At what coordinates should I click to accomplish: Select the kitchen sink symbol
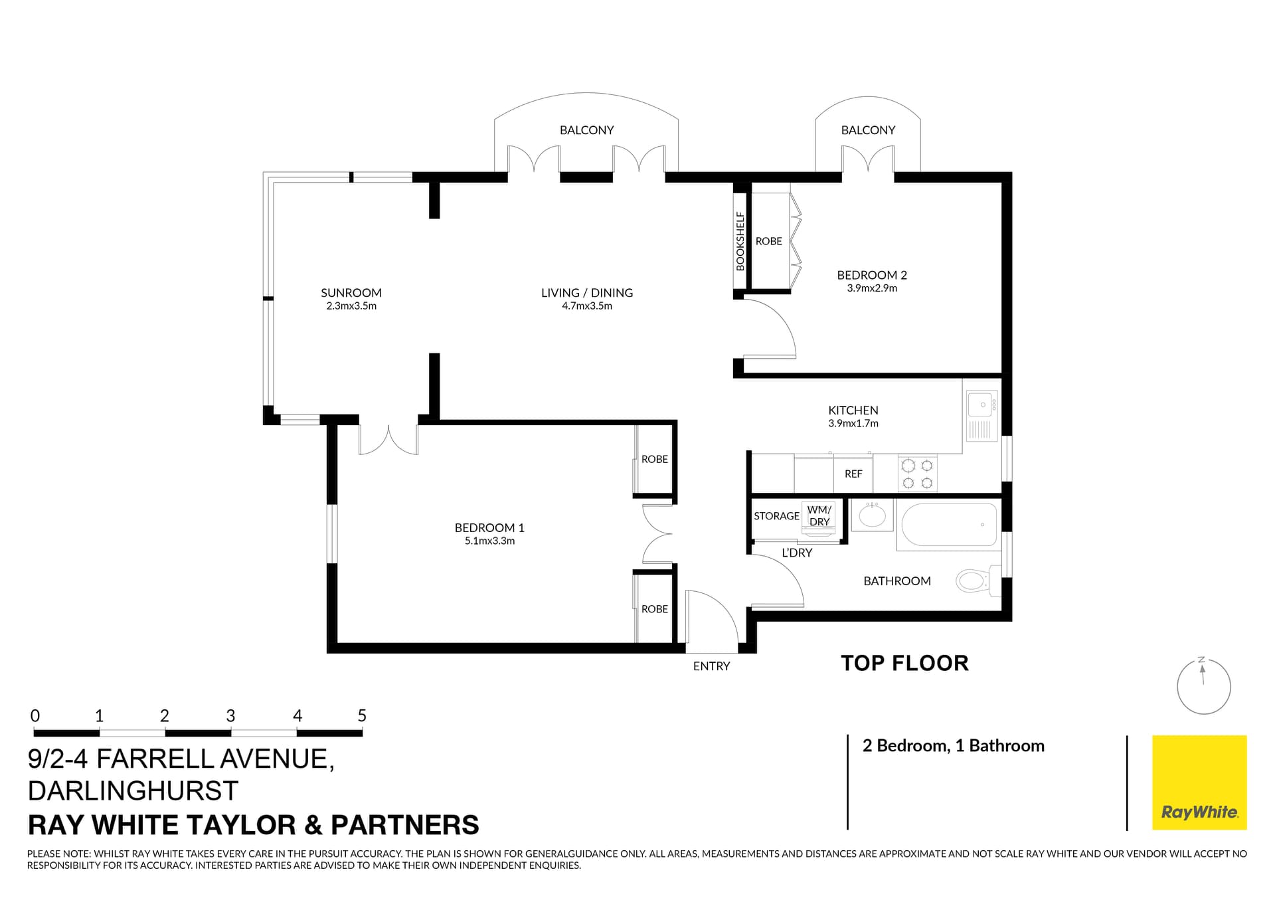click(x=981, y=404)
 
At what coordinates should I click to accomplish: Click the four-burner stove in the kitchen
click(x=917, y=474)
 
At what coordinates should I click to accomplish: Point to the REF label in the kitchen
click(x=853, y=474)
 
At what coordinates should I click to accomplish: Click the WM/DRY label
click(x=819, y=516)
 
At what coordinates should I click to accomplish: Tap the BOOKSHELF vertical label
click(x=740, y=241)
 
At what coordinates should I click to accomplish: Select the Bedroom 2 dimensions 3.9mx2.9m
click(x=871, y=288)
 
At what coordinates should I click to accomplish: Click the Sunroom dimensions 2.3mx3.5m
click(x=351, y=306)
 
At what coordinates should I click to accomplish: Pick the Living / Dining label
click(x=586, y=293)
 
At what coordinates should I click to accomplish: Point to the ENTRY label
click(x=711, y=666)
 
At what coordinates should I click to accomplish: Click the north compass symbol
click(x=1203, y=686)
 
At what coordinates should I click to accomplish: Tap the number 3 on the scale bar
click(x=230, y=716)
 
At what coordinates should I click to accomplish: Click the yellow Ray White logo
click(x=1199, y=782)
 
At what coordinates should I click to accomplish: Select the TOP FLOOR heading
click(x=904, y=663)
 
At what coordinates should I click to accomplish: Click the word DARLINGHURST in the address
click(x=133, y=791)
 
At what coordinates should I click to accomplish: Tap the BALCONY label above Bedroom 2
click(x=868, y=130)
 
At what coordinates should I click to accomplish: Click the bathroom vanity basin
click(x=871, y=515)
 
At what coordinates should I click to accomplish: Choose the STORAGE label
click(x=776, y=516)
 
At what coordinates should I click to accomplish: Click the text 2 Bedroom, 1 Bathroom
click(x=953, y=746)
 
